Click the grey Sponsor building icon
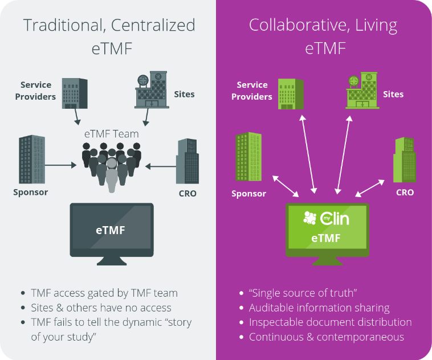pos(32,159)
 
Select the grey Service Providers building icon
pos(75,93)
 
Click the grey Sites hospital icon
pos(151,91)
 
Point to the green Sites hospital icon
pos(363,91)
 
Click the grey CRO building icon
pos(187,161)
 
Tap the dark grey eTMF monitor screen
pos(111,231)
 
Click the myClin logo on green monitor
pos(326,218)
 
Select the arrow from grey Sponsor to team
pos(60,166)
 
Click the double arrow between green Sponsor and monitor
pos(286,187)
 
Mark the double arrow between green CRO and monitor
pos(370,188)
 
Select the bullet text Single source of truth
pos(303,293)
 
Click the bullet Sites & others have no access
pos(101,308)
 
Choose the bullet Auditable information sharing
pos(319,308)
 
